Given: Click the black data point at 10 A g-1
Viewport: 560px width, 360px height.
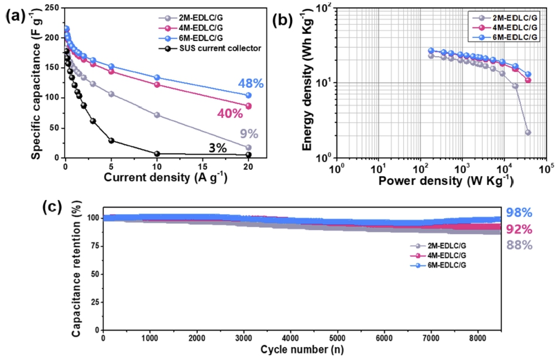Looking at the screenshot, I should [x=157, y=154].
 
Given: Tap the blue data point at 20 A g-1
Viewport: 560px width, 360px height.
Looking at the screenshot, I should [x=249, y=95].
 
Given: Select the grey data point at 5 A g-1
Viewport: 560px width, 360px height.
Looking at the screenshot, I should [x=111, y=94].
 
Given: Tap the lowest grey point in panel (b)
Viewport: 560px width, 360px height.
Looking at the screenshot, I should [x=528, y=133].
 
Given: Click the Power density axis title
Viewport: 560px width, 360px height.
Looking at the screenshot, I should [x=445, y=181].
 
